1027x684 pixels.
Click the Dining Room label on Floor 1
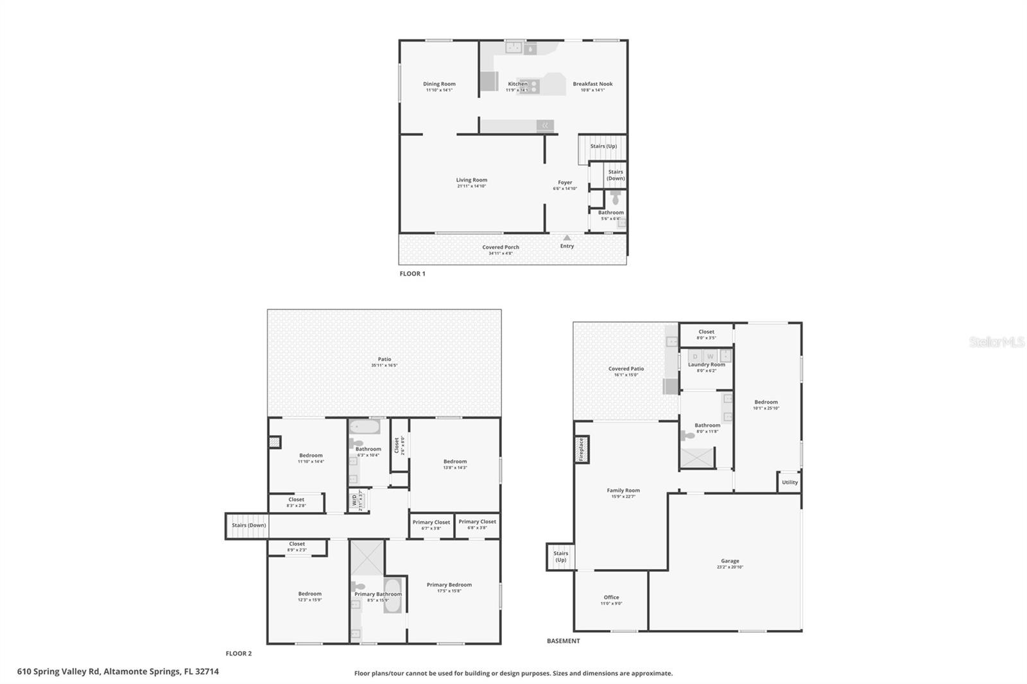439,84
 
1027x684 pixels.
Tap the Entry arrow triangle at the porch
567,238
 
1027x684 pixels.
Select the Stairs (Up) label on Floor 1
603,146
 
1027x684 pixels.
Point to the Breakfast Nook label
592,84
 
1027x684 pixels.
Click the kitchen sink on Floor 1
513,47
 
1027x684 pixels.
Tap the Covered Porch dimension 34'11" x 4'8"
501,253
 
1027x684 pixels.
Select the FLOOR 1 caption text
412,274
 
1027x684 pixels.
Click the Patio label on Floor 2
384,359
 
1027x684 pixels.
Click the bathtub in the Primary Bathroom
393,595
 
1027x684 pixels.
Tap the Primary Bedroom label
449,585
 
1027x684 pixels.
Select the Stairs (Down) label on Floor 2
249,526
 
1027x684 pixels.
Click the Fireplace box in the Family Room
582,449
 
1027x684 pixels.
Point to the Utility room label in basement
790,483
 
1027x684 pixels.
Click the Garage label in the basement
730,561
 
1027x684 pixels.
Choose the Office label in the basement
611,597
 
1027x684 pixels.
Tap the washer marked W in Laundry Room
710,356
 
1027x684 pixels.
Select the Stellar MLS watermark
996,342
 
